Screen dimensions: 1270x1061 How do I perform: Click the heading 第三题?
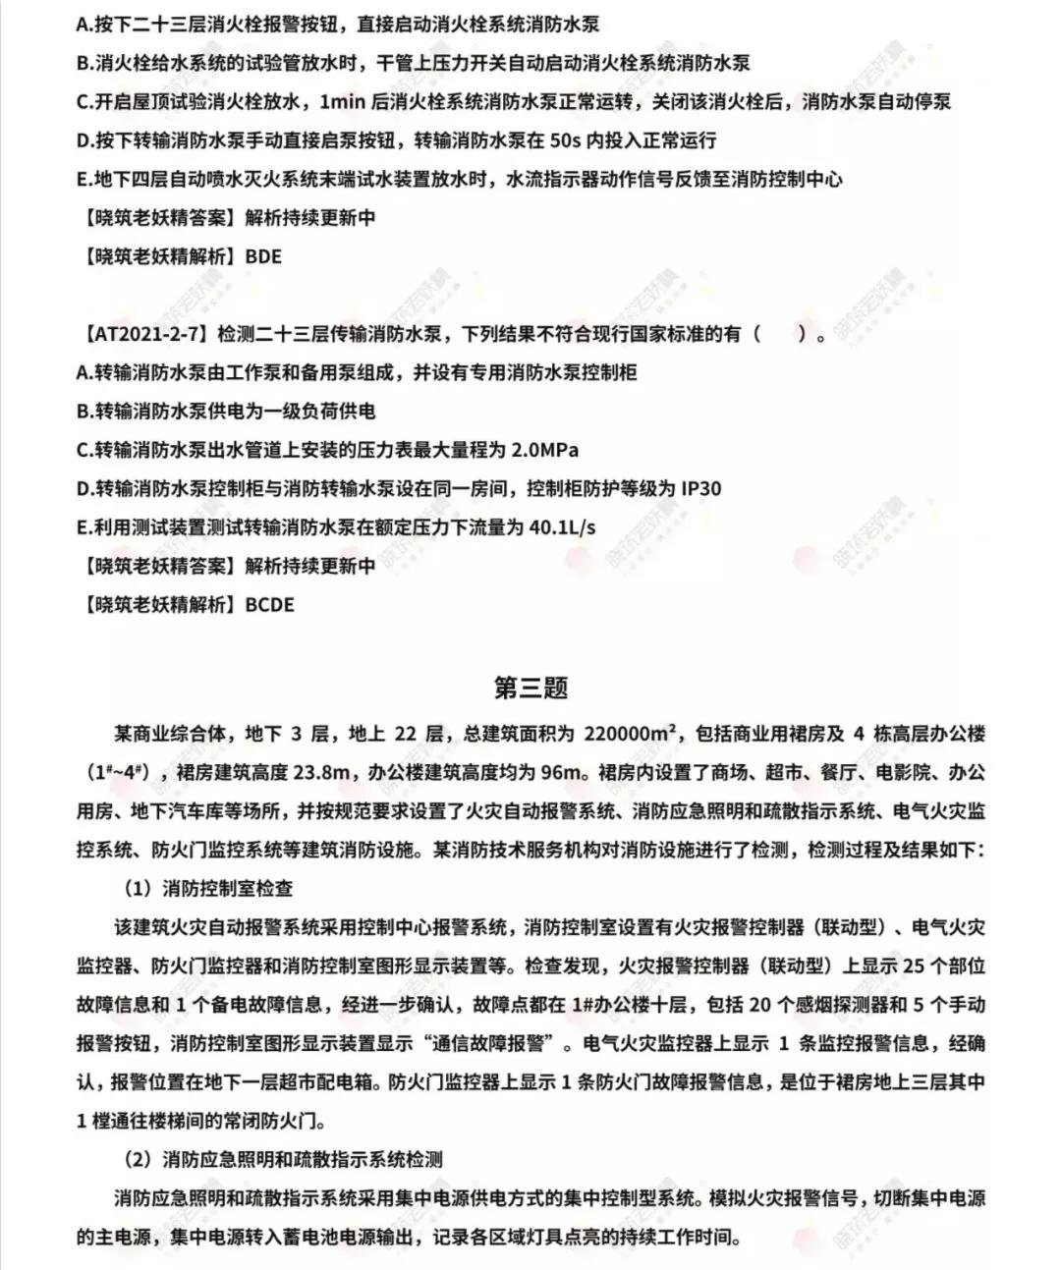tap(530, 688)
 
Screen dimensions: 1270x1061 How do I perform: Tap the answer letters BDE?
tap(263, 256)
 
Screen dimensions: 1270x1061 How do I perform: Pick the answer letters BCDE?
tap(269, 604)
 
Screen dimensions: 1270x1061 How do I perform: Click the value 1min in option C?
tap(343, 102)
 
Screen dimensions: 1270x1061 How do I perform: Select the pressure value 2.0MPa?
tap(545, 450)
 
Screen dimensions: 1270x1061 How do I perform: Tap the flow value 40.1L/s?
tap(562, 527)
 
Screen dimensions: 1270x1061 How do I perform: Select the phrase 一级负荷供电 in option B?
tap(316, 412)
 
